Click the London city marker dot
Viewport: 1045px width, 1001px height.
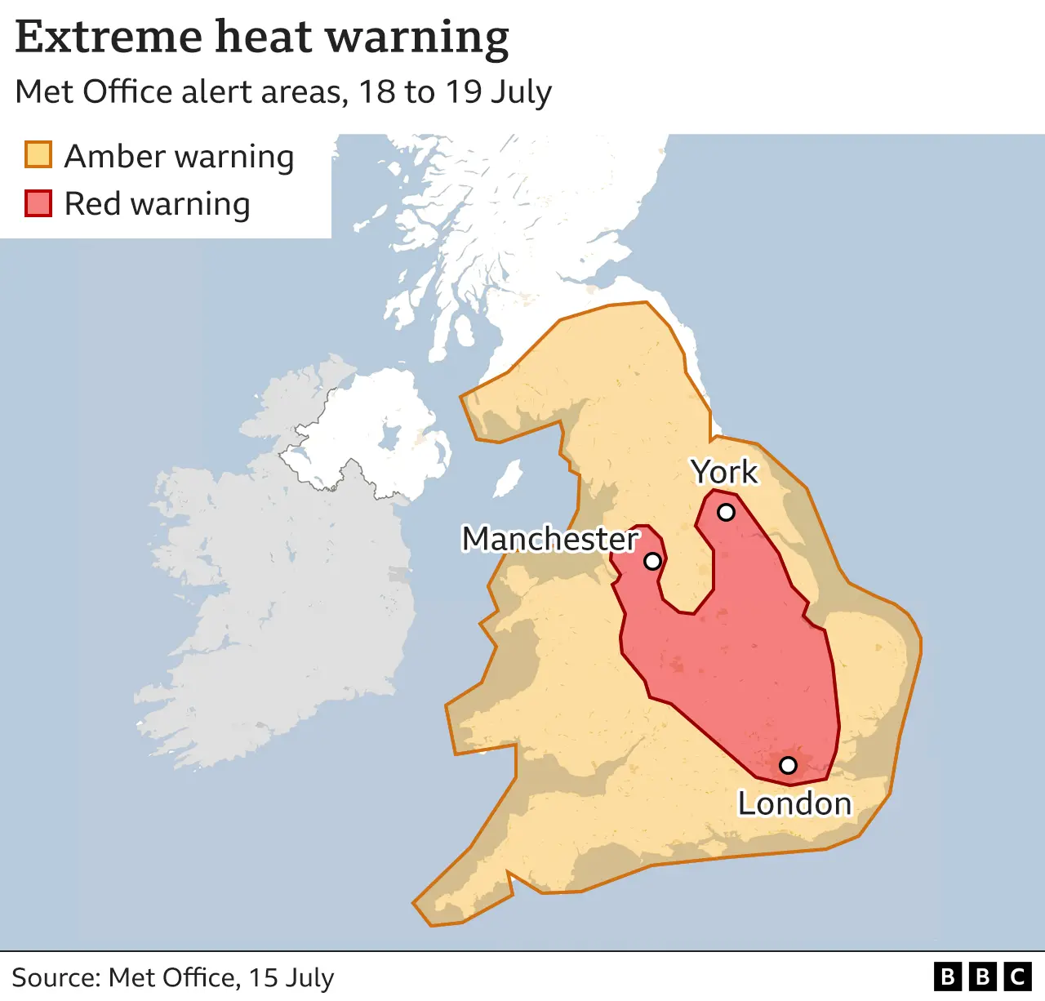pyautogui.click(x=788, y=765)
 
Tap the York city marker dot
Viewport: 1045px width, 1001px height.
pyautogui.click(x=726, y=513)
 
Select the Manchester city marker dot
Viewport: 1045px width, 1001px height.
pyautogui.click(x=652, y=561)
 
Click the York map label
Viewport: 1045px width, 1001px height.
pyautogui.click(x=724, y=472)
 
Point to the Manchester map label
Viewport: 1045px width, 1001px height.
pyautogui.click(x=550, y=539)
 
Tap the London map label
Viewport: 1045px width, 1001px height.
pyautogui.click(x=794, y=804)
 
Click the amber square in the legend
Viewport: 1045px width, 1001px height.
pyautogui.click(x=38, y=154)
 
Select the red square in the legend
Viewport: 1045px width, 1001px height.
pyautogui.click(x=38, y=202)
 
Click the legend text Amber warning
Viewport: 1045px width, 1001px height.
pyautogui.click(x=179, y=156)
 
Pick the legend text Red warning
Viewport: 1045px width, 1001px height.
pyautogui.click(x=157, y=204)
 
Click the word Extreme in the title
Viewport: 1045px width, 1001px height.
pyautogui.click(x=109, y=37)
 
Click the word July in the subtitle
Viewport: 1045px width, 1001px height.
pyautogui.click(x=521, y=92)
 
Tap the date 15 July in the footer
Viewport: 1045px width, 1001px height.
pyautogui.click(x=291, y=977)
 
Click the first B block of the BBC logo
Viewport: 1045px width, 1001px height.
pyautogui.click(x=947, y=977)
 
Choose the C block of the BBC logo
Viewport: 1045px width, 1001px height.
pyautogui.click(x=1017, y=977)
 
